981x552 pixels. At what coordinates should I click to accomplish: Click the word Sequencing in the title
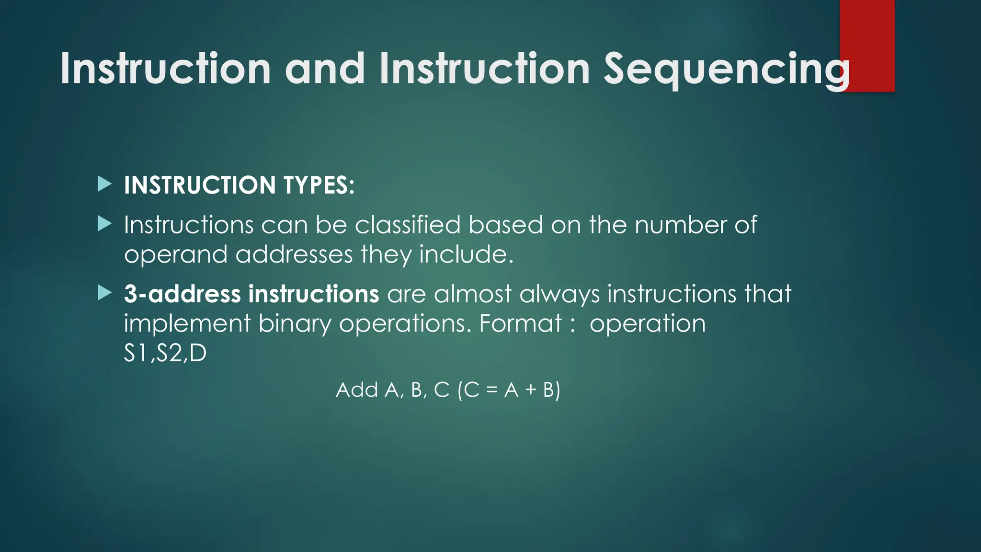pyautogui.click(x=726, y=69)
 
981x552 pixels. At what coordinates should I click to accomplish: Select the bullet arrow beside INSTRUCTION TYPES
pyautogui.click(x=104, y=184)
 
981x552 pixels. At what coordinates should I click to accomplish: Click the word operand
pyautogui.click(x=175, y=254)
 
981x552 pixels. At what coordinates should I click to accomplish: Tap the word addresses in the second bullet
pyautogui.click(x=294, y=254)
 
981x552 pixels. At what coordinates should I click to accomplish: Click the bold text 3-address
pyautogui.click(x=182, y=294)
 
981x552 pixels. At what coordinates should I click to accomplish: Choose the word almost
pyautogui.click(x=472, y=294)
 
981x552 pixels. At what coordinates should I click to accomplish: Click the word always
pyautogui.click(x=559, y=295)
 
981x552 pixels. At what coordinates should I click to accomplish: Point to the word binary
pyautogui.click(x=295, y=324)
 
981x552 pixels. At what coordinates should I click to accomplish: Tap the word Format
pyautogui.click(x=520, y=323)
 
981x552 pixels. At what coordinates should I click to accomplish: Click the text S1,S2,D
pyautogui.click(x=165, y=354)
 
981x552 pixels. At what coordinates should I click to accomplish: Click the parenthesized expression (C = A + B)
pyautogui.click(x=509, y=390)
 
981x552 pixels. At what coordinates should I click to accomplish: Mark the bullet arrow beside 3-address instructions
pyautogui.click(x=104, y=293)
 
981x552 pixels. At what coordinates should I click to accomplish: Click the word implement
pyautogui.click(x=187, y=324)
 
